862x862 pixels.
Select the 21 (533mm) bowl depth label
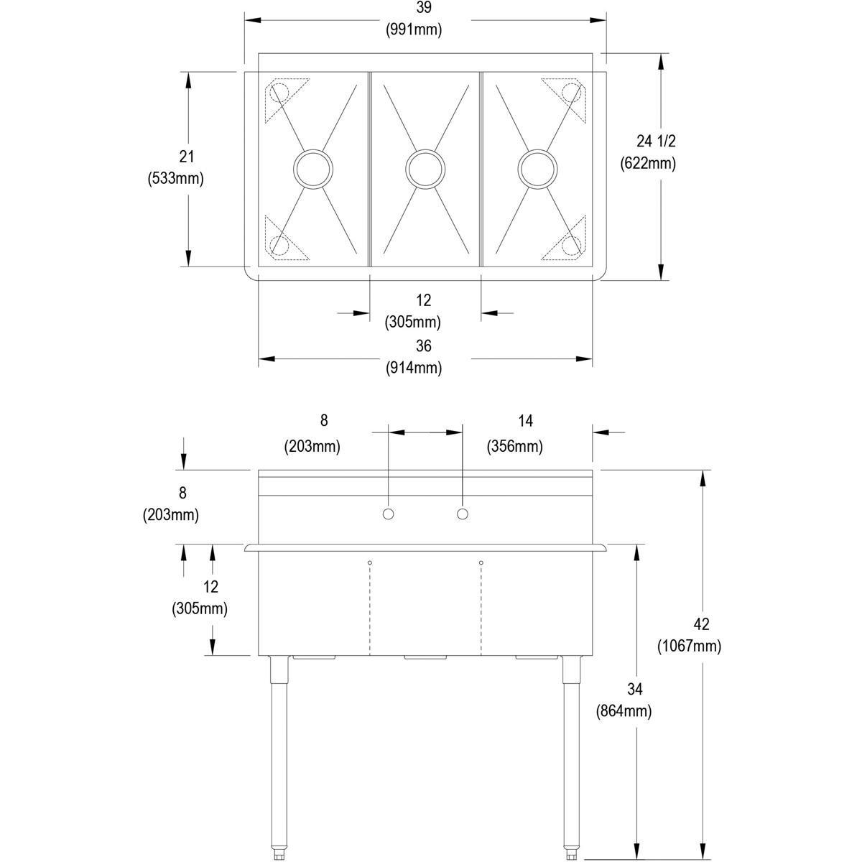click(175, 167)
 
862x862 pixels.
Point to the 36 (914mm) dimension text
click(423, 357)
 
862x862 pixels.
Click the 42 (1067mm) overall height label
click(689, 635)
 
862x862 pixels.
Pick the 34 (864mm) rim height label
click(624, 700)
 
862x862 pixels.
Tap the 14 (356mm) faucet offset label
click(514, 433)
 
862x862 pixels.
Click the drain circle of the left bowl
click(313, 170)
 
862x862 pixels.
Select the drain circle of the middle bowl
click(425, 170)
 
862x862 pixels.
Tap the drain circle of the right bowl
click(537, 170)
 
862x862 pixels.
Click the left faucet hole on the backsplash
click(388, 514)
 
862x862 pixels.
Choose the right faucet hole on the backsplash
click(463, 514)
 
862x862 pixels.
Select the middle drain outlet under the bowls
click(425, 657)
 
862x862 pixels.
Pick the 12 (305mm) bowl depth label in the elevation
click(200, 598)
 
